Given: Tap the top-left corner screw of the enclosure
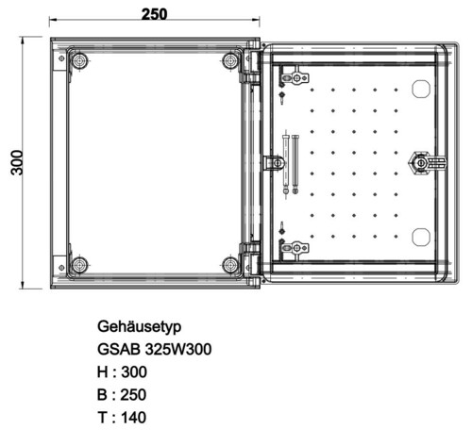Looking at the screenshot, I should coord(79,61).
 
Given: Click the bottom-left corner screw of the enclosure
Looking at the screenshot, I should coord(79,264).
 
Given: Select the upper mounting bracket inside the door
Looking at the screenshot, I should coord(296,75).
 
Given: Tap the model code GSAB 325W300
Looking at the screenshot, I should coord(154,349).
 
